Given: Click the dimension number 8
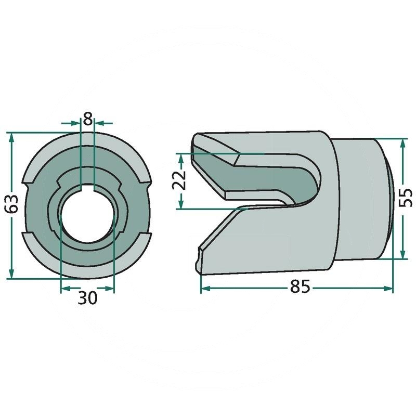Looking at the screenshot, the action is coord(87,119).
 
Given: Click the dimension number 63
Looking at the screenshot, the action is coord(12,204).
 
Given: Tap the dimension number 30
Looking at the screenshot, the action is coord(87,297).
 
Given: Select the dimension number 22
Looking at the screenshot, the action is coord(179,180).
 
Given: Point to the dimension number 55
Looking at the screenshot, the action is coord(406,198).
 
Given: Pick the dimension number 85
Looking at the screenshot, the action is coord(300,287).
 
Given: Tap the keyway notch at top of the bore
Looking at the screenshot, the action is coord(87,187).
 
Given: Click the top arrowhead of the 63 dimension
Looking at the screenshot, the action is coord(11,138).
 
